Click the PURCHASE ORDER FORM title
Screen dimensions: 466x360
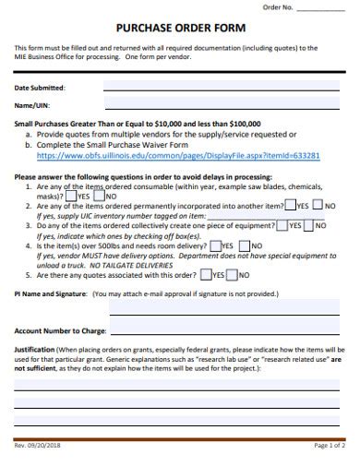(x=179, y=28)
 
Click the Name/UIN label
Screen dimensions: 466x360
(x=33, y=106)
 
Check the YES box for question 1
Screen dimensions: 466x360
(x=72, y=196)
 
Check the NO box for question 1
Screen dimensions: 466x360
(x=100, y=196)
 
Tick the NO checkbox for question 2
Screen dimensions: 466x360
(x=318, y=206)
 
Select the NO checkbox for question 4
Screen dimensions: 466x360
(x=244, y=245)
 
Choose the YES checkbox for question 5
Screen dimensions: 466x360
(x=206, y=274)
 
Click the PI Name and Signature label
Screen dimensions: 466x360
(x=52, y=293)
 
